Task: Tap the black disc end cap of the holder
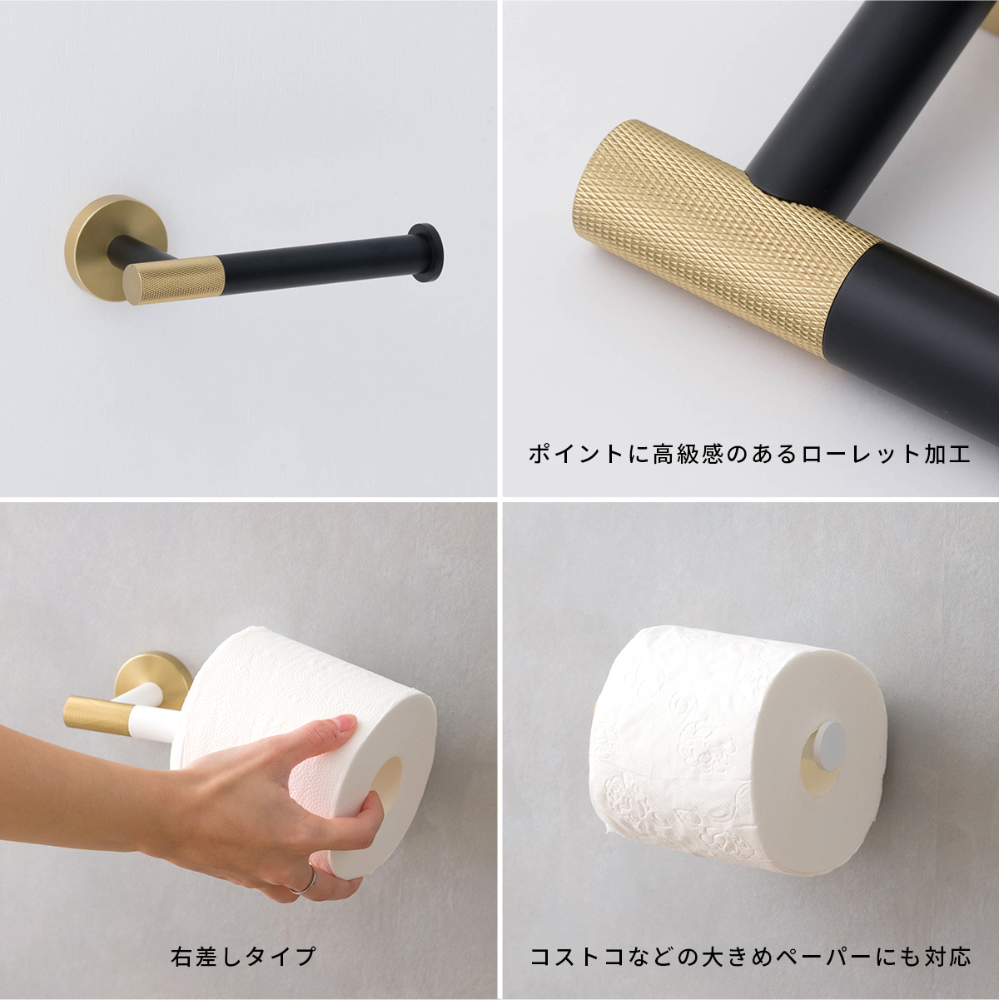(x=428, y=253)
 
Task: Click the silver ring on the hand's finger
(x=306, y=880)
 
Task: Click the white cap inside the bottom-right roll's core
(x=829, y=743)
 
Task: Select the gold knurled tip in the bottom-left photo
(x=97, y=717)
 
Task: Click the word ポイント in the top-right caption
(x=576, y=454)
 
